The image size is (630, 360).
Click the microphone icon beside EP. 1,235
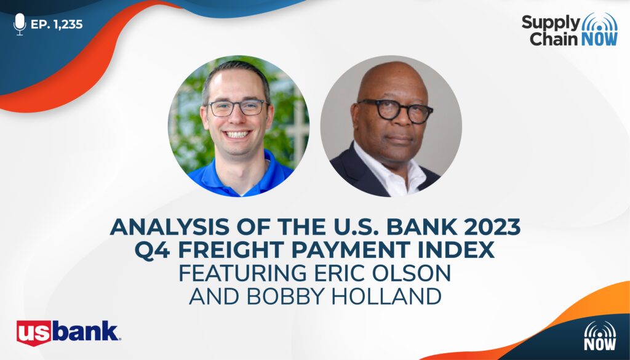(20, 24)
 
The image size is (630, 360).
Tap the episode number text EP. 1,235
(57, 25)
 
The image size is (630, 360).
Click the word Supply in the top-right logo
(551, 23)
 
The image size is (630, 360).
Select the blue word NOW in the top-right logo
(599, 39)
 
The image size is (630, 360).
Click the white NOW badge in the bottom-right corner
(600, 336)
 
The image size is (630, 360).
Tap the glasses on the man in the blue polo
(237, 108)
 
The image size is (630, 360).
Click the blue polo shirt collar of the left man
(241, 173)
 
